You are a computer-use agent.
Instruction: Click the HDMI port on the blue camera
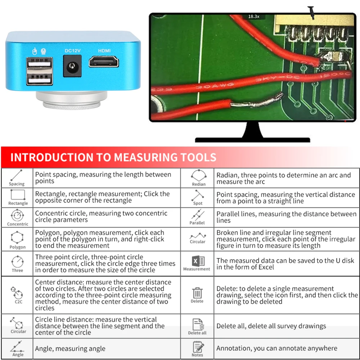(x=104, y=62)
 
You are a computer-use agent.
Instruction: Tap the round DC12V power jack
(x=72, y=67)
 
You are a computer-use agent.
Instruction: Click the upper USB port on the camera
(x=40, y=63)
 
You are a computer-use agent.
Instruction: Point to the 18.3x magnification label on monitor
(x=254, y=17)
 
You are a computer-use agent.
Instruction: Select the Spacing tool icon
(x=16, y=175)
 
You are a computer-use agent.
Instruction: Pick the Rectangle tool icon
(x=18, y=195)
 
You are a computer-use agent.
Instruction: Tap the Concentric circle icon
(x=17, y=215)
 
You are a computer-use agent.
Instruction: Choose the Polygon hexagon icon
(x=17, y=237)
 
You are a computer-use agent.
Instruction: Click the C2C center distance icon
(x=17, y=292)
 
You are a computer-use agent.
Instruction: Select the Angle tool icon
(x=17, y=347)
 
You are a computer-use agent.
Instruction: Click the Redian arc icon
(x=199, y=176)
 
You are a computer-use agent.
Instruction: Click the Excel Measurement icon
(x=198, y=261)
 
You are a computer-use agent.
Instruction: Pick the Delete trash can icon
(x=197, y=293)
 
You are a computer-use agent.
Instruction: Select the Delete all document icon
(x=198, y=324)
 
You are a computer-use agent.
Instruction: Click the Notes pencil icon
(x=198, y=347)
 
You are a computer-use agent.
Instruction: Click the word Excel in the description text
(x=266, y=267)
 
